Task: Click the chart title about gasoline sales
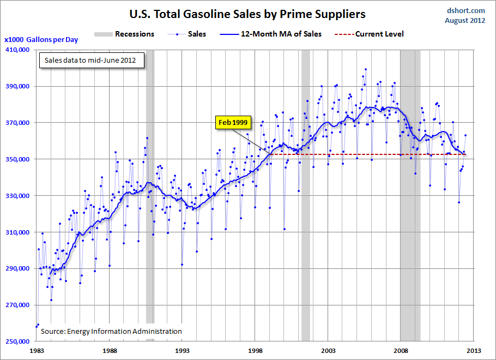click(247, 14)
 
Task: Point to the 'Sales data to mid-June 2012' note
click(92, 60)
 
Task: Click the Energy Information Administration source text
click(111, 331)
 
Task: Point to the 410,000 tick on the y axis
click(19, 50)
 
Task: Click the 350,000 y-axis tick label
click(19, 159)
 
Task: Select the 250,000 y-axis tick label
click(19, 341)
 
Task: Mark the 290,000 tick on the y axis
click(19, 268)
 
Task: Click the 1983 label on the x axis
click(37, 351)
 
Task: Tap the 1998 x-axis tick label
click(255, 351)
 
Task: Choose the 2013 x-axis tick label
click(473, 351)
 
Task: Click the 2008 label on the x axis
click(401, 351)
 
